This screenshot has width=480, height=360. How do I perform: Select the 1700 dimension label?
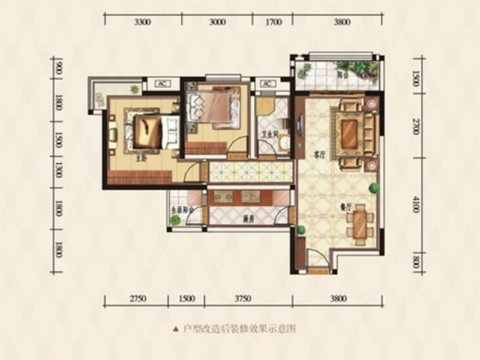(x=273, y=23)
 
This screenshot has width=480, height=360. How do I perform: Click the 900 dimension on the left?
(x=58, y=67)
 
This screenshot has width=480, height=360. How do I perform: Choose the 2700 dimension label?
(x=416, y=127)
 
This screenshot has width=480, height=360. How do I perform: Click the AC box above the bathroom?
(x=266, y=83)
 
